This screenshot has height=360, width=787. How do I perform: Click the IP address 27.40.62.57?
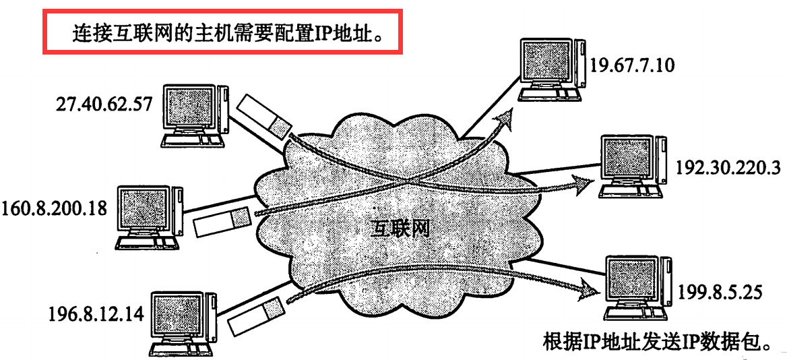pos(105,105)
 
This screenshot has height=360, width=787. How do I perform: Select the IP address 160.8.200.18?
pos(55,208)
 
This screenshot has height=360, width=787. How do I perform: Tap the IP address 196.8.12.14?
pos(97,314)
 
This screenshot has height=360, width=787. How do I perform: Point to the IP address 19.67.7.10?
pos(631,65)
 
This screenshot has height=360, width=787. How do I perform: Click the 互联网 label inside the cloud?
pos(400,229)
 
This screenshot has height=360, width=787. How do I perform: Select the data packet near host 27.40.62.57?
pos(265,114)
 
